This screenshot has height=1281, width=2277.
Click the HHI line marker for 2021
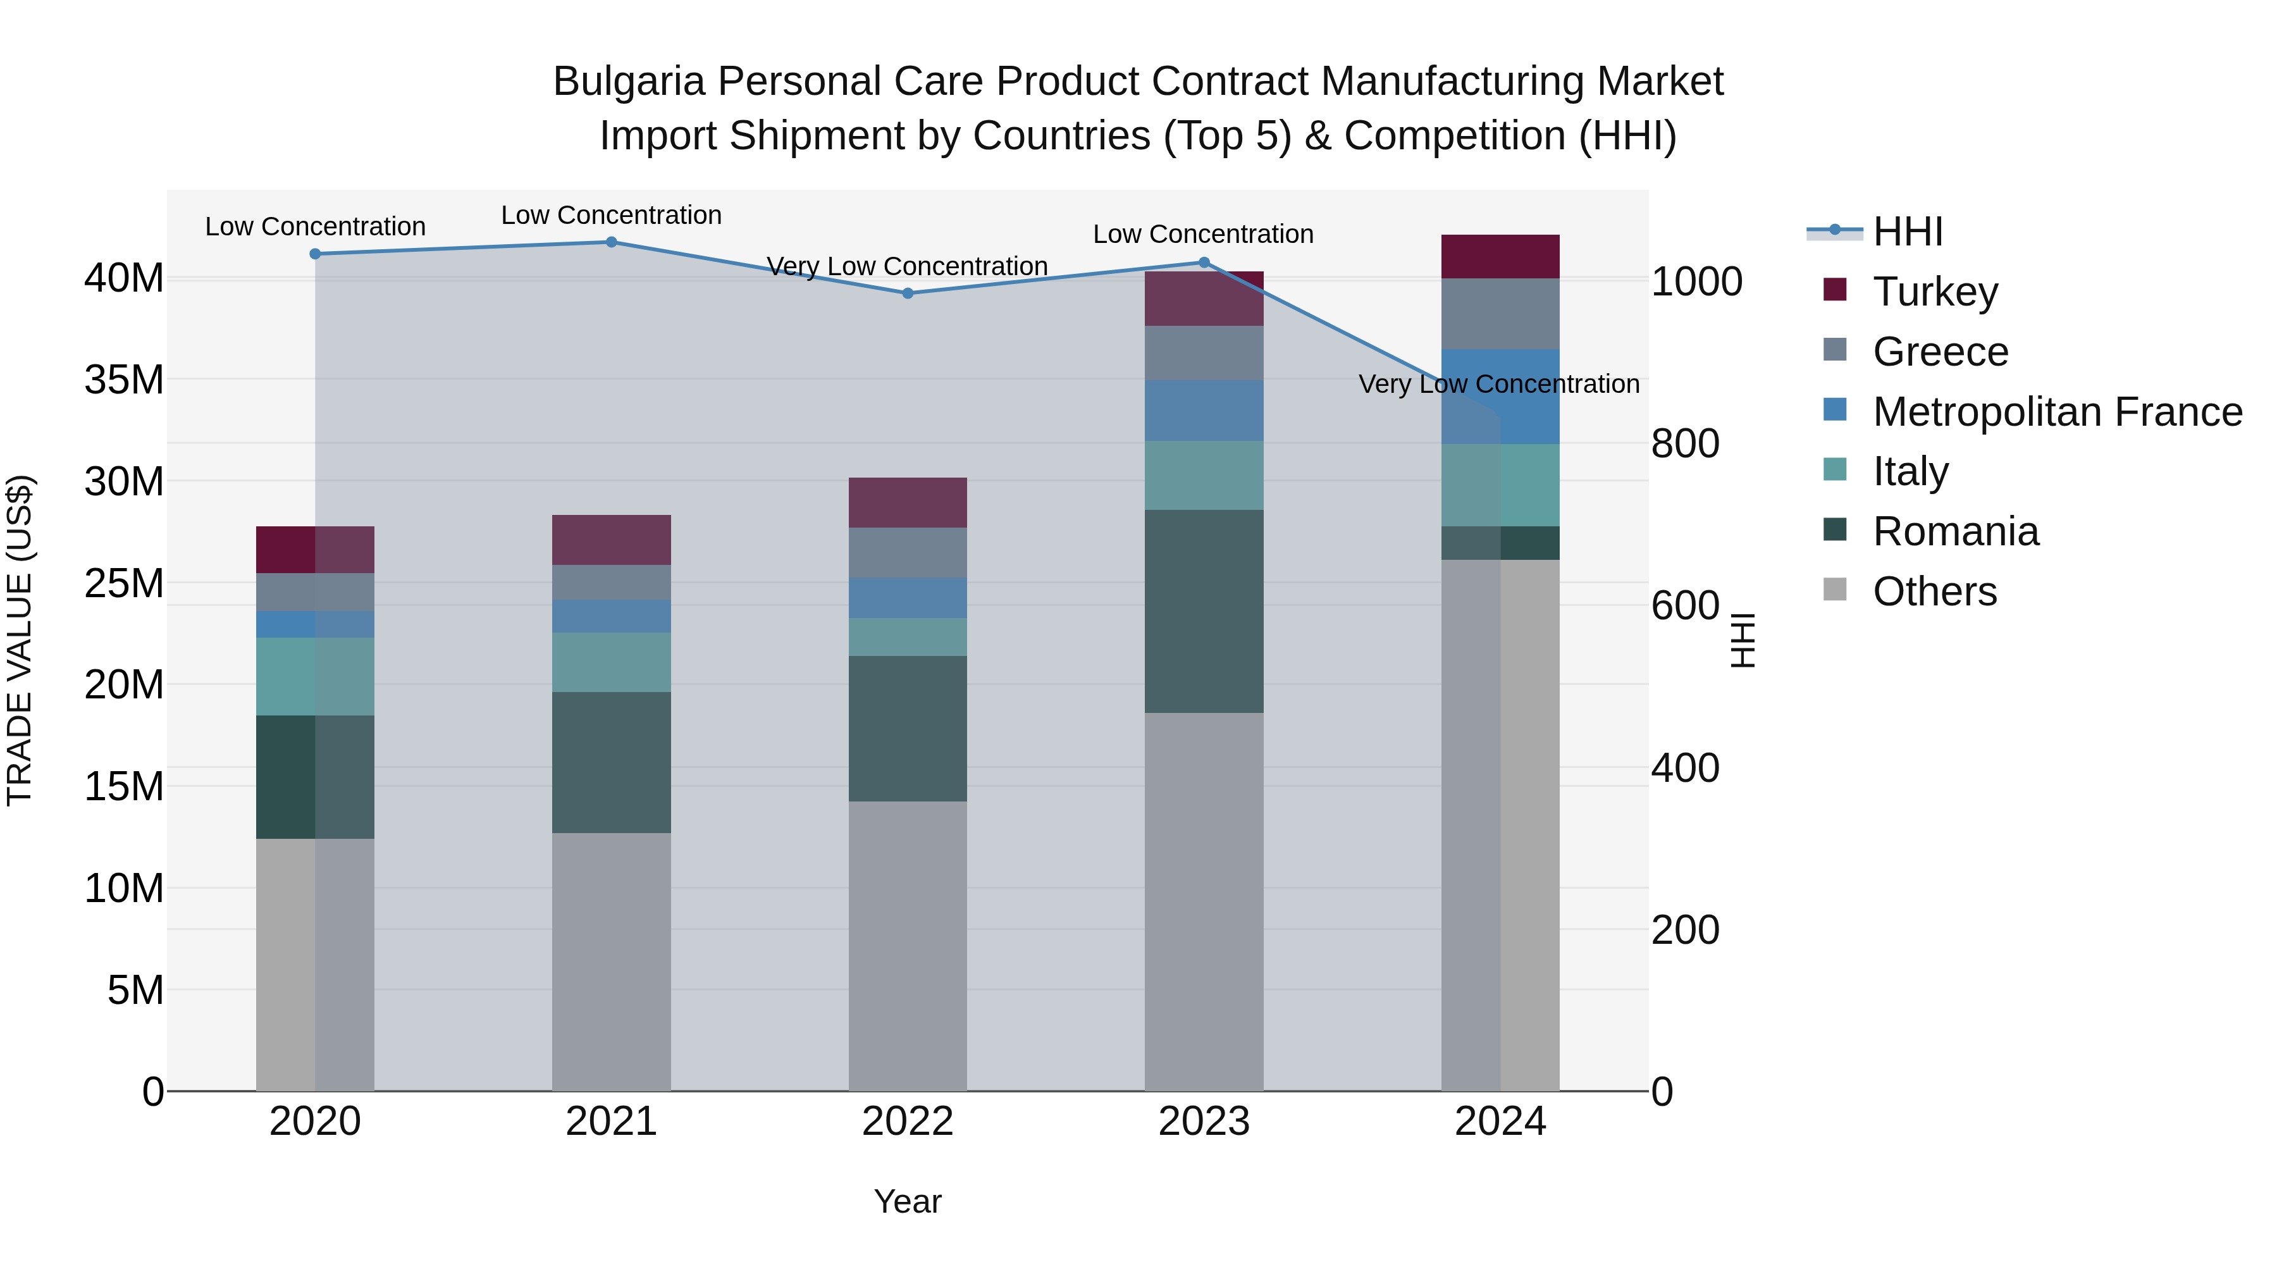click(611, 242)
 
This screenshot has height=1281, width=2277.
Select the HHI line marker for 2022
click(908, 294)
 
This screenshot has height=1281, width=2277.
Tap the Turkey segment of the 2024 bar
click(1500, 256)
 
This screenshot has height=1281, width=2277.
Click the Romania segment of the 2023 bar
click(1204, 611)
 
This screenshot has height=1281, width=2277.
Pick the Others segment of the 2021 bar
click(611, 961)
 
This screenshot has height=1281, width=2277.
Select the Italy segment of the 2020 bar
click(315, 676)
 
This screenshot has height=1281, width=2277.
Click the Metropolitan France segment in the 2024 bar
click(1500, 396)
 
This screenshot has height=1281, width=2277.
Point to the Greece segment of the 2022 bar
click(908, 552)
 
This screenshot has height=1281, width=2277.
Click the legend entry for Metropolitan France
click(2056, 412)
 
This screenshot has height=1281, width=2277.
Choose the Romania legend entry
click(1955, 531)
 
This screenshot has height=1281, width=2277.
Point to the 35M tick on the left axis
click(124, 380)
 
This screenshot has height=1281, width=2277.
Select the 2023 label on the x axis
click(1204, 1122)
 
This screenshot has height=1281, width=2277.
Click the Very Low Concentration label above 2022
click(907, 266)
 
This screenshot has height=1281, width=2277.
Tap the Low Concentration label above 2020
click(315, 226)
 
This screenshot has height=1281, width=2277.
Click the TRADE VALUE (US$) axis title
click(20, 640)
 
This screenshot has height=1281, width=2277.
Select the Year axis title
click(908, 1201)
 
